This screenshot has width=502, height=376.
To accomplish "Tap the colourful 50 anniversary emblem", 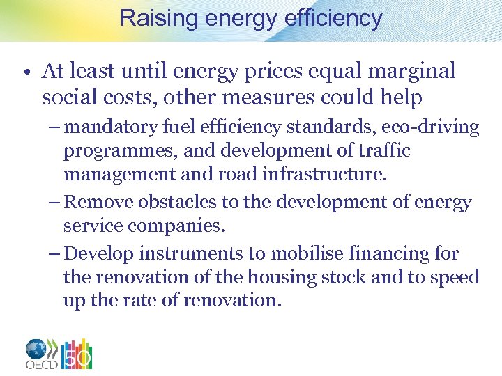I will pyautogui.click(x=77, y=354).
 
